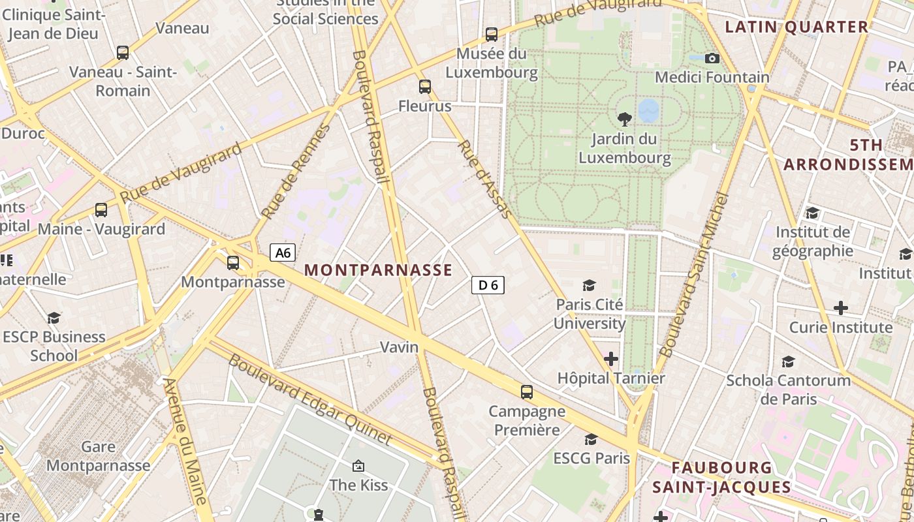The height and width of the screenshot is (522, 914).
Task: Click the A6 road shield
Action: pyautogui.click(x=283, y=253)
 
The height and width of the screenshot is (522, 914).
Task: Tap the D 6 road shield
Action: pyautogui.click(x=488, y=284)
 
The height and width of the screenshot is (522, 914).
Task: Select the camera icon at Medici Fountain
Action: pyautogui.click(x=712, y=59)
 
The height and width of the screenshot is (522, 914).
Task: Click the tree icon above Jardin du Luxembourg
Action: pyautogui.click(x=625, y=119)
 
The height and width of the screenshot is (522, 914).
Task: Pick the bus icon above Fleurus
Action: pyautogui.click(x=425, y=86)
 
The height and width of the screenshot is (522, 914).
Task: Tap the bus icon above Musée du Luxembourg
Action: pyautogui.click(x=492, y=34)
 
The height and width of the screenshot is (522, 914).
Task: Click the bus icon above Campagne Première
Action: pyautogui.click(x=527, y=392)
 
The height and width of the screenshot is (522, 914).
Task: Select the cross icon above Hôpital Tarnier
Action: pyautogui.click(x=611, y=359)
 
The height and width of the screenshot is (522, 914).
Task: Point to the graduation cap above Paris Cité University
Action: pyautogui.click(x=590, y=285)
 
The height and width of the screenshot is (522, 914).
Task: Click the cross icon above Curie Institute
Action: pyautogui.click(x=841, y=307)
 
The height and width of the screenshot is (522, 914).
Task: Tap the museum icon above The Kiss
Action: pyautogui.click(x=358, y=466)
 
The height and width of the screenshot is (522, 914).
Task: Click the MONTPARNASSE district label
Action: pyautogui.click(x=378, y=270)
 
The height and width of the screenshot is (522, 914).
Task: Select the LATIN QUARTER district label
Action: pyautogui.click(x=797, y=27)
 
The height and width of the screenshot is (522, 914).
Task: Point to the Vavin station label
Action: pyautogui.click(x=399, y=347)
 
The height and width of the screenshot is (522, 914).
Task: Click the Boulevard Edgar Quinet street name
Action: pyautogui.click(x=309, y=399)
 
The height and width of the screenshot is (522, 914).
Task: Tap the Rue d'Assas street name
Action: pyautogui.click(x=484, y=178)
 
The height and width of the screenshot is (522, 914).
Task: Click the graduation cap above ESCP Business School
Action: pyautogui.click(x=54, y=318)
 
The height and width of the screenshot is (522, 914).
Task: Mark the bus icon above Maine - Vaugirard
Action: pyautogui.click(x=101, y=210)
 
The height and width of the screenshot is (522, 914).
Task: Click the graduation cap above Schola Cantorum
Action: pyautogui.click(x=789, y=361)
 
